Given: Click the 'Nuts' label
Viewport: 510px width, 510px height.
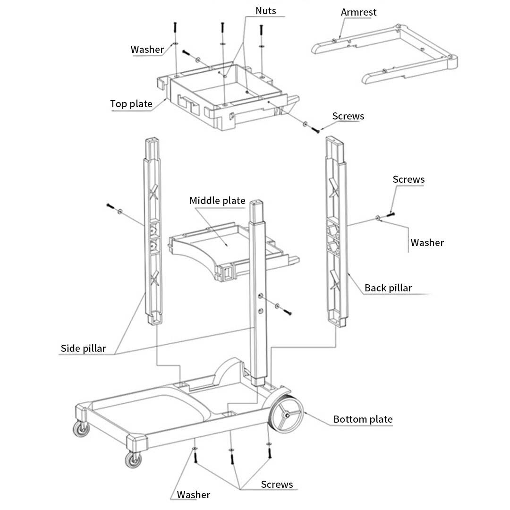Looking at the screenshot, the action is pyautogui.click(x=266, y=11).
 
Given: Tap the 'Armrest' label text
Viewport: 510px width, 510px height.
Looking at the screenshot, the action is pyautogui.click(x=358, y=12).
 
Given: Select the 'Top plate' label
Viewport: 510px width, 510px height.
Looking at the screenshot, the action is pyautogui.click(x=131, y=104).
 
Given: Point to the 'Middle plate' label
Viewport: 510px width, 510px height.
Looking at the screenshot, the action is pyautogui.click(x=217, y=200).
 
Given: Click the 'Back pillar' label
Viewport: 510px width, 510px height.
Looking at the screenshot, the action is pyautogui.click(x=388, y=288).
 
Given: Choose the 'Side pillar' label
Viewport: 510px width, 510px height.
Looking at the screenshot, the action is pyautogui.click(x=83, y=348).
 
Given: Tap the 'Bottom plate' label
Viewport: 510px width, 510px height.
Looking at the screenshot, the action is pyautogui.click(x=363, y=419).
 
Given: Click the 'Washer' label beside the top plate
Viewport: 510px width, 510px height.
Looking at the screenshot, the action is pyautogui.click(x=147, y=50).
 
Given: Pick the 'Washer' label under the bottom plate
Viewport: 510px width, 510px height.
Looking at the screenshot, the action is pyautogui.click(x=193, y=495).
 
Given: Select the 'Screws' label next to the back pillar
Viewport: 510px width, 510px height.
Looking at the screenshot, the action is pyautogui.click(x=408, y=179).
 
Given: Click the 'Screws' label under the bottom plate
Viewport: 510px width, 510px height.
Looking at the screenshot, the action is pyautogui.click(x=277, y=484).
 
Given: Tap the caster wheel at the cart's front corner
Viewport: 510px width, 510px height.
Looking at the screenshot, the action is pyautogui.click(x=133, y=459).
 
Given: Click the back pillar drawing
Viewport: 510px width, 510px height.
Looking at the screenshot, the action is pyautogui.click(x=337, y=231).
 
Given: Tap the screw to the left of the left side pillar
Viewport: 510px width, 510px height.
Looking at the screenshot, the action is pyautogui.click(x=110, y=206).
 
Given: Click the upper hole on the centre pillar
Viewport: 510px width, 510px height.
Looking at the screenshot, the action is pyautogui.click(x=261, y=296).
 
